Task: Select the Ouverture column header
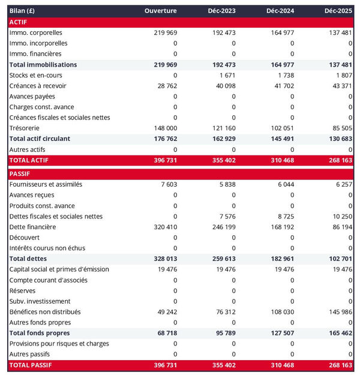click(161, 11)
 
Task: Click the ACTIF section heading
click(19, 22)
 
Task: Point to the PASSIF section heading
click(21, 174)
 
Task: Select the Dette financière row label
click(33, 227)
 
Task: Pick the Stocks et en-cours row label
click(36, 75)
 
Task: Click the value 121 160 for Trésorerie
click(223, 128)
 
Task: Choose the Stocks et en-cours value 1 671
click(227, 75)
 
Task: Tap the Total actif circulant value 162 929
click(223, 139)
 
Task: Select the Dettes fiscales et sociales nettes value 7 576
click(227, 216)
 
